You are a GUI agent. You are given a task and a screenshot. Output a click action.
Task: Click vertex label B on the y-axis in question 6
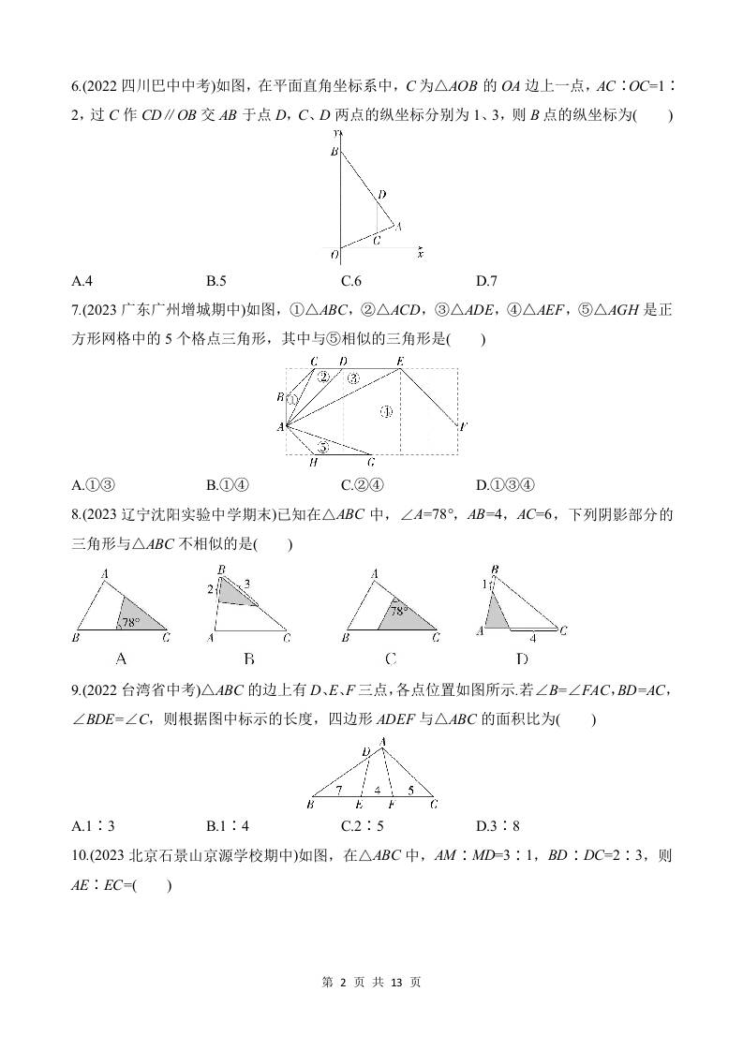pos(333,151)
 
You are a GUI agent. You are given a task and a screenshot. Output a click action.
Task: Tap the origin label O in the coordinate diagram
pos(333,254)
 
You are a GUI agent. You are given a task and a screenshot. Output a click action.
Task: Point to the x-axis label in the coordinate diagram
pos(421,254)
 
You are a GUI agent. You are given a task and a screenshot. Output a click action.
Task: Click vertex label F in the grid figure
pos(464,427)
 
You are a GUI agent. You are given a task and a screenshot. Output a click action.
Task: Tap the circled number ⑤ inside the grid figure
pos(323,447)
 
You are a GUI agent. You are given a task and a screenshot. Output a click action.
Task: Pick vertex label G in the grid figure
pos(371,462)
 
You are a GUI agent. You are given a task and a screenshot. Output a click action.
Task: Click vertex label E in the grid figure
pos(400,361)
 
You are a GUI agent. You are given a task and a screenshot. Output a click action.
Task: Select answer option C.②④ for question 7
pos(361,484)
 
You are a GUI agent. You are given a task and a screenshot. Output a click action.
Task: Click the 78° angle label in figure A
pos(130,621)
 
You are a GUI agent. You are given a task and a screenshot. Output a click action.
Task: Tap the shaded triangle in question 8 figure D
pos(496,613)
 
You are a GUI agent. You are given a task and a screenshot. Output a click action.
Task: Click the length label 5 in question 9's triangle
pos(410,791)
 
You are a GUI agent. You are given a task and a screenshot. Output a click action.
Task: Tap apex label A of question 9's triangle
pos(382,741)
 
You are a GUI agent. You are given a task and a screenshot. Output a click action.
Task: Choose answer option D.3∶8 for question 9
pos(498,825)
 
